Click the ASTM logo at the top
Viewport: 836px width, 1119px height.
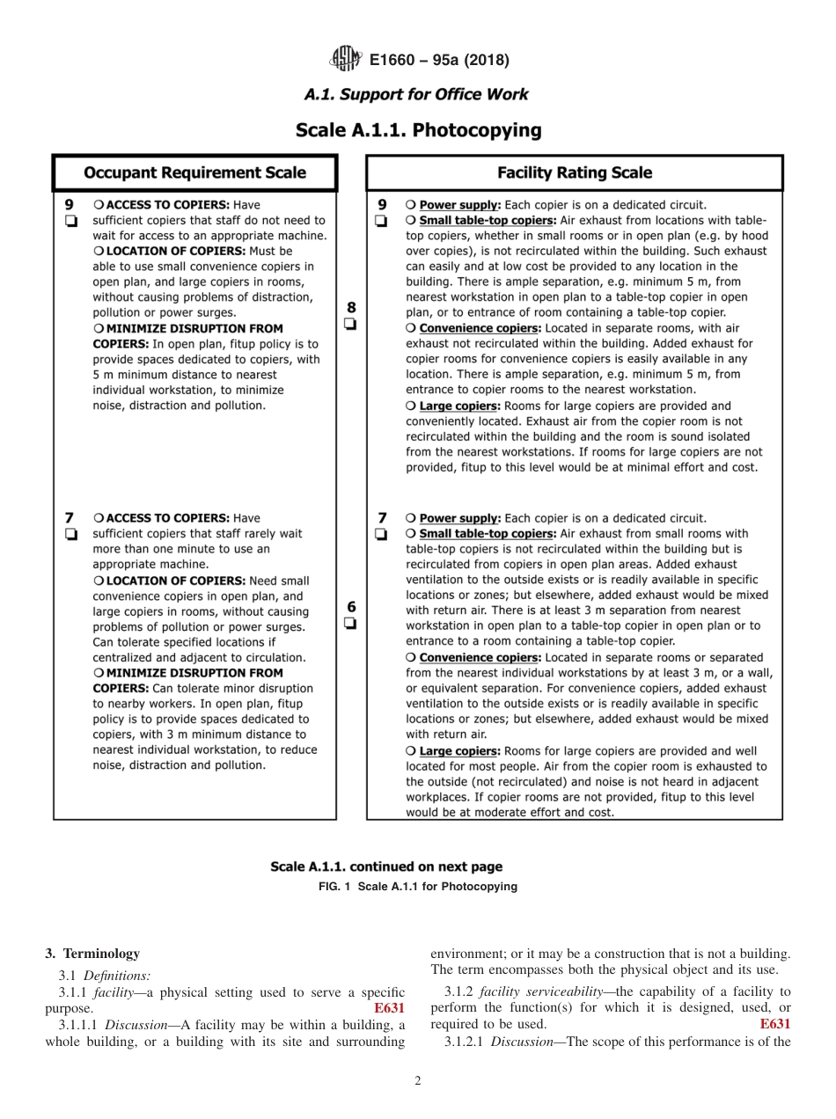pyautogui.click(x=344, y=60)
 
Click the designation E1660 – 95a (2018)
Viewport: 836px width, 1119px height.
pyautogui.click(x=439, y=61)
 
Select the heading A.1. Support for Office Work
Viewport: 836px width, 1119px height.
pyautogui.click(x=417, y=95)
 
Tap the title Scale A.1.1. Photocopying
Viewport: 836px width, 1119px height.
pyautogui.click(x=418, y=130)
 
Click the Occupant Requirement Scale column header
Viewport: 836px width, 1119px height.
pyautogui.click(x=194, y=173)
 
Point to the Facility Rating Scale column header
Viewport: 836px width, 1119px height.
pyautogui.click(x=575, y=173)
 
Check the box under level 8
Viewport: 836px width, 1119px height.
pyautogui.click(x=350, y=324)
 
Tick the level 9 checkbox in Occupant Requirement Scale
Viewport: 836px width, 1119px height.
pyautogui.click(x=70, y=221)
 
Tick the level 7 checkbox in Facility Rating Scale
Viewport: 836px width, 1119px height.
pyautogui.click(x=382, y=534)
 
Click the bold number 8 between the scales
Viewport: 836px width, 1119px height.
pyautogui.click(x=351, y=307)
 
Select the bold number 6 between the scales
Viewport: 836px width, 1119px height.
pyautogui.click(x=351, y=606)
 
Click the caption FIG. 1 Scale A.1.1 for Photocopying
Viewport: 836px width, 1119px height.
pyautogui.click(x=417, y=887)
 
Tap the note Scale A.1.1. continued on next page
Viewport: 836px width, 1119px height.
pyautogui.click(x=386, y=867)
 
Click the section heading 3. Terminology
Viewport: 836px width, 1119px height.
pyautogui.click(x=92, y=954)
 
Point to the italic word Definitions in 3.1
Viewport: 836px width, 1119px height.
pyautogui.click(x=117, y=975)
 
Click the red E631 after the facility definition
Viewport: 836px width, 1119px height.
pyautogui.click(x=389, y=1008)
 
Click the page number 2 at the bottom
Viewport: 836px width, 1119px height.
pyautogui.click(x=418, y=1081)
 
